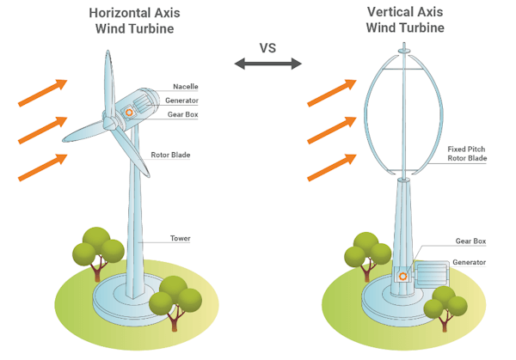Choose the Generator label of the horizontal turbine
tap(181, 101)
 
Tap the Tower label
tap(180, 238)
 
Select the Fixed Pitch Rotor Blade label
tap(469, 154)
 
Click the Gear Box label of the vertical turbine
tap(468, 241)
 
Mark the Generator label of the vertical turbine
tap(470, 262)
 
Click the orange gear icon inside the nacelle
tap(129, 111)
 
